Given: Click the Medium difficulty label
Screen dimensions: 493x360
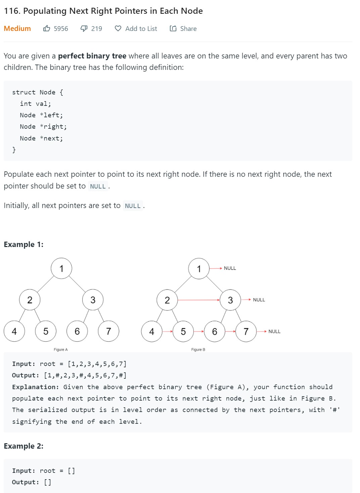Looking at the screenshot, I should (17, 29).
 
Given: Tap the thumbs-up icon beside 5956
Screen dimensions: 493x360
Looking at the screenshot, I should (47, 29).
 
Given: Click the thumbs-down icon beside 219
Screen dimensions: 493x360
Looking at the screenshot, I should (84, 29).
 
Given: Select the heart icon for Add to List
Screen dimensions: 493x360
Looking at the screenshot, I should (118, 29).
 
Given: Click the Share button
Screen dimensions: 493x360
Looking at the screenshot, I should (183, 29).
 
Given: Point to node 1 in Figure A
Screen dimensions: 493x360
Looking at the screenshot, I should (61, 269).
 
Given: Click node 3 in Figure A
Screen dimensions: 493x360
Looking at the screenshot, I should (93, 300).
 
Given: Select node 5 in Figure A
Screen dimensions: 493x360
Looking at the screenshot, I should (46, 331).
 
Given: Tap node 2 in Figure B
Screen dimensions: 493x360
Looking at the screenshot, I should (167, 300).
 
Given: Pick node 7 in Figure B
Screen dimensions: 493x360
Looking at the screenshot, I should (246, 332).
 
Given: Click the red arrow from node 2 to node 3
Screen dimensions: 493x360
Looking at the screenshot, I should (198, 300).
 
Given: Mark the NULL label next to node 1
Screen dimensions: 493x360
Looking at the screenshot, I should (230, 268).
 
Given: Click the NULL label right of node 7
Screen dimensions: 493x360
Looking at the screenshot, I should (274, 331).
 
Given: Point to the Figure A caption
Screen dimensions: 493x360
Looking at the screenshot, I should (61, 350).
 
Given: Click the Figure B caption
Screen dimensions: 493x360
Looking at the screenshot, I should (198, 350).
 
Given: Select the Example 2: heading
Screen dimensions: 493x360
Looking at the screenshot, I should (24, 446).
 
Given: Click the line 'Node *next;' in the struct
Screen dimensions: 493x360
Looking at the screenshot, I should (41, 138).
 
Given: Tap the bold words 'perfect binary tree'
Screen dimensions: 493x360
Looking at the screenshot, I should (92, 56).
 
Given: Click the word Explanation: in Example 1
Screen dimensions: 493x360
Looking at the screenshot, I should (36, 387).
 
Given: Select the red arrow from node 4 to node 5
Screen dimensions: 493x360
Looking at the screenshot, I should (167, 331).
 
